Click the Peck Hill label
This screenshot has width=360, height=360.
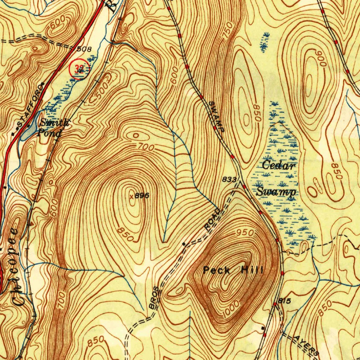233,270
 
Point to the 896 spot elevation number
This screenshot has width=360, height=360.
142,196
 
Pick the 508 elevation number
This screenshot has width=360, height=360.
84,49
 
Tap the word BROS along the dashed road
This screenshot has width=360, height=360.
155,298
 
